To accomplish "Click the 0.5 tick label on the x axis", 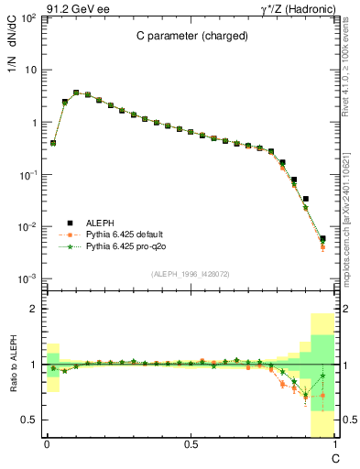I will tap(190, 444).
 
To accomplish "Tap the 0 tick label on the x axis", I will tap(46, 444).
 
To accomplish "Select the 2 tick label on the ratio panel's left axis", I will tap(33, 309).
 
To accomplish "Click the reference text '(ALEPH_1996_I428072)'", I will tap(190, 274).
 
